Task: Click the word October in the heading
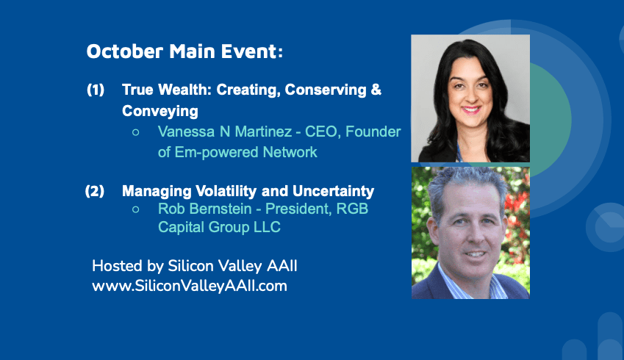click(125, 51)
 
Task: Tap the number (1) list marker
click(96, 90)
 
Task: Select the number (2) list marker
click(95, 191)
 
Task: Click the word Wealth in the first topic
click(184, 90)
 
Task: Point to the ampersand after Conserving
click(376, 90)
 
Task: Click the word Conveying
click(160, 112)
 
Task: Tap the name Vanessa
click(186, 132)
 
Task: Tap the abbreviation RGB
click(352, 209)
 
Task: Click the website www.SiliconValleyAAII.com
click(190, 286)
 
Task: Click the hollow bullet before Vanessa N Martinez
click(136, 132)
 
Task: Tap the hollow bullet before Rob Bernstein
click(136, 209)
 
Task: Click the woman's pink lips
click(470, 109)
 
